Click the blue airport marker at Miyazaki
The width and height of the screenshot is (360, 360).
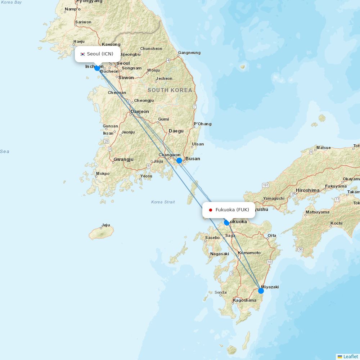click(261, 291)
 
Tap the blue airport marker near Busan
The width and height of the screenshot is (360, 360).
click(179, 161)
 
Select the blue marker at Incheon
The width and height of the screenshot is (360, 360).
click(97, 68)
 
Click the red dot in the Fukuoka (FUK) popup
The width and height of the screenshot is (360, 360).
click(211, 210)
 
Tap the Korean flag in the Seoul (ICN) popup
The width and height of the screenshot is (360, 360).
click(82, 54)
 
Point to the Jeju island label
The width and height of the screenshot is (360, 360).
click(105, 225)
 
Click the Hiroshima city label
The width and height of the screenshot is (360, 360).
click(307, 190)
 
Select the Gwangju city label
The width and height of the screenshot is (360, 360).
click(123, 159)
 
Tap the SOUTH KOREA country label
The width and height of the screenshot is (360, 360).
click(170, 90)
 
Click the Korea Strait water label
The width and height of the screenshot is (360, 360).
click(163, 202)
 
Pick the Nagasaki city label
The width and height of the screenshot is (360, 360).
click(220, 254)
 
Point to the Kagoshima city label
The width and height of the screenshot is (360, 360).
click(245, 300)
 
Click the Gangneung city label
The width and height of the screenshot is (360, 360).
click(189, 53)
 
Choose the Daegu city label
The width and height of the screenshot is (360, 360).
click(176, 131)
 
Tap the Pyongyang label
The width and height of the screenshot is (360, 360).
click(89, 1)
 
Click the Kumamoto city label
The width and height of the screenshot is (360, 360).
click(249, 253)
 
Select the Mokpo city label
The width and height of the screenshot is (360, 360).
click(103, 174)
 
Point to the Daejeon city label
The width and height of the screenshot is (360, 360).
click(140, 111)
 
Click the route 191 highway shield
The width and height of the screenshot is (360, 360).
click(266, 185)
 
